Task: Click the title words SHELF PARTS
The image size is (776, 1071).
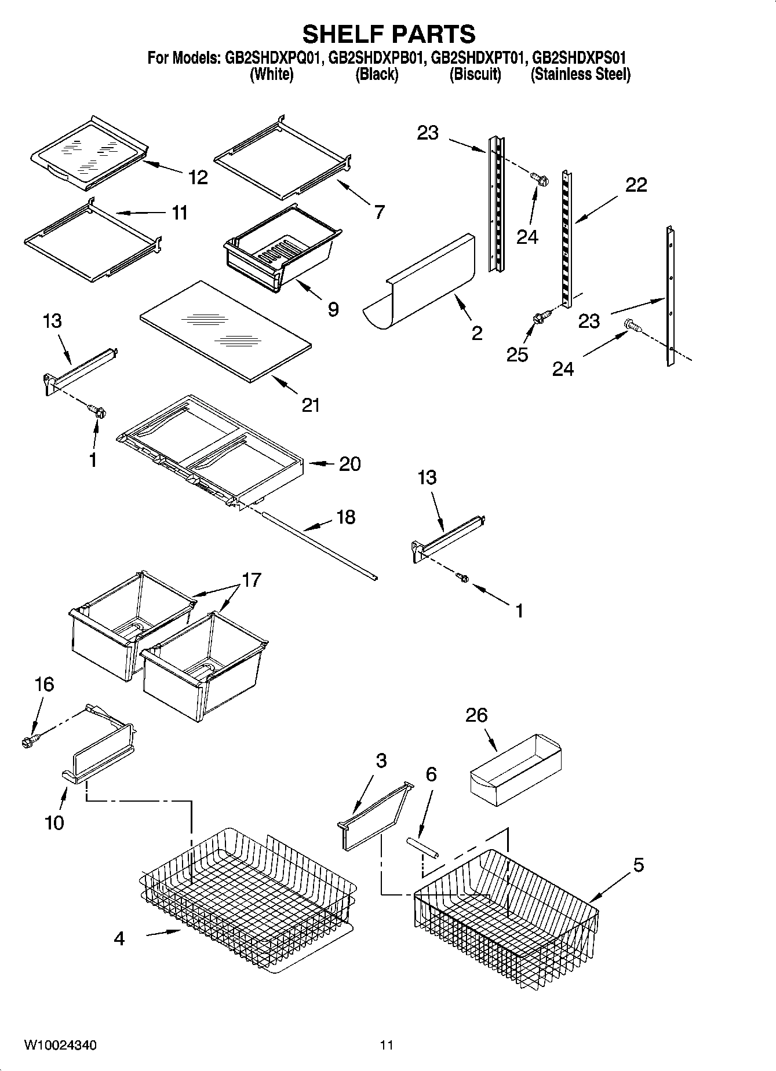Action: pos(388,34)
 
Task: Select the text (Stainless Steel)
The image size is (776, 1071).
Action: pos(580,75)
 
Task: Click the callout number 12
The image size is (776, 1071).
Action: pos(198,177)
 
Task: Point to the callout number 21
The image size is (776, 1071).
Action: pos(311,405)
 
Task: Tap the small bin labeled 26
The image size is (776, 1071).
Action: pos(516,771)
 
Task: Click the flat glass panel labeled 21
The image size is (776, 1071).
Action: pos(226,331)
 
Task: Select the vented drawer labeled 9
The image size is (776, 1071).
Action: pos(281,249)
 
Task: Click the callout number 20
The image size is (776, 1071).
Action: pos(349,464)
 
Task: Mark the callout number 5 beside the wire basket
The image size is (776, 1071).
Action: pos(638,865)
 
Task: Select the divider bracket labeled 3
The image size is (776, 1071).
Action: pos(374,817)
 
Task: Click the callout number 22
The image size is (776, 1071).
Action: pos(636,185)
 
